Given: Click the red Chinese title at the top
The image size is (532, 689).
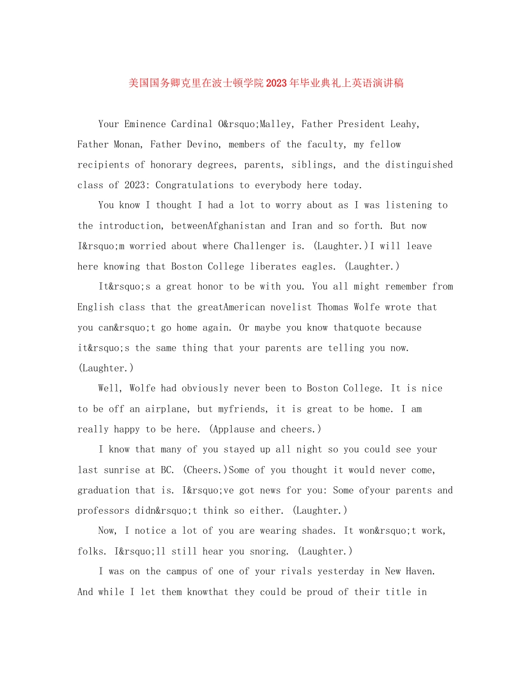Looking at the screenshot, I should (266, 83).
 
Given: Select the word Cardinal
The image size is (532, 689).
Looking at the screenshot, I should (192, 124).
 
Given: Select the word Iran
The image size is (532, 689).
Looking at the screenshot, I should (302, 226).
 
